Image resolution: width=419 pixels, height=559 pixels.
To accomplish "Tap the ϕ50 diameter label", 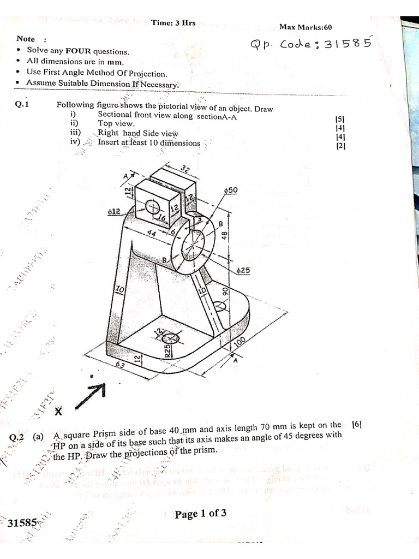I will coord(231,189).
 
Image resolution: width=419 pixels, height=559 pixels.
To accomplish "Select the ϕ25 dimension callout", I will coord(243,270).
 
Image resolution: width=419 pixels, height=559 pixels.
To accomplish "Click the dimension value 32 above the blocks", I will coord(185,170).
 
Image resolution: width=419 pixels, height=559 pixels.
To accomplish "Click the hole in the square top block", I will coord(152,206).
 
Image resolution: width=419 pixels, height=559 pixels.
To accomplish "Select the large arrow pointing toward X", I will coord(90,394).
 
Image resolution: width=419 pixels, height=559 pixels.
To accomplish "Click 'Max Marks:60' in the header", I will coord(306,27).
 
